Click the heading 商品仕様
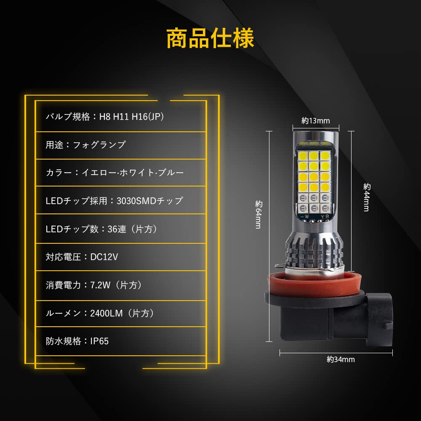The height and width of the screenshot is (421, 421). tap(210, 39)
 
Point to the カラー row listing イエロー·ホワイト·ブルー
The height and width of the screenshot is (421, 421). tap(115, 173)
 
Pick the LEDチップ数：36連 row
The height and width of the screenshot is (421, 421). tap(101, 229)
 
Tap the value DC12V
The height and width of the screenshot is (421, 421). tap(104, 257)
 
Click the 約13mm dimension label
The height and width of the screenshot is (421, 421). tap(316, 121)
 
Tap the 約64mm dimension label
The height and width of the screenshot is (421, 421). tap(258, 215)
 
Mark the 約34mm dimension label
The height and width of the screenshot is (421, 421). tap(341, 360)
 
